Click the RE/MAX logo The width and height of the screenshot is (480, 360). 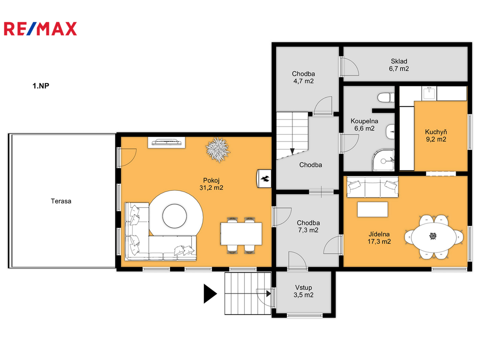(40, 29)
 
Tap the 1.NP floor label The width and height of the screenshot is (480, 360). (41, 86)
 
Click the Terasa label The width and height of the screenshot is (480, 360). (61, 201)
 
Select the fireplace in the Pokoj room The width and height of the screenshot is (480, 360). (264, 179)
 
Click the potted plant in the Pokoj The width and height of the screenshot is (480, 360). (217, 149)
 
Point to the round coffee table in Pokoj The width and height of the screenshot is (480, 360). (174, 216)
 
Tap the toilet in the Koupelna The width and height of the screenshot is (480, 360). (386, 98)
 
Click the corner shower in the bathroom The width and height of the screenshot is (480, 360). (383, 160)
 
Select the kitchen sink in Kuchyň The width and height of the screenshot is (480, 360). (429, 93)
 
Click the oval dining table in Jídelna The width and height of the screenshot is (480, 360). (433, 236)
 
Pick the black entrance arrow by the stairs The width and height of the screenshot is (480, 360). (210, 293)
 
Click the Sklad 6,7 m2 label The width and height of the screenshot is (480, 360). (399, 65)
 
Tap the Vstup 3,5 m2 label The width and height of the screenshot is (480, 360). (303, 291)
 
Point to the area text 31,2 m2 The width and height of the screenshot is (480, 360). (211, 187)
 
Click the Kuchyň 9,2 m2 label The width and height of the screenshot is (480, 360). (436, 135)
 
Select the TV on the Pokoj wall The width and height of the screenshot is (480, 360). (166, 142)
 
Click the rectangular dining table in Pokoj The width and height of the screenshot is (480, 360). (241, 233)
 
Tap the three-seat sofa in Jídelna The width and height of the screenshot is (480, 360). (372, 187)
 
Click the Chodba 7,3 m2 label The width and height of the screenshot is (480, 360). (308, 226)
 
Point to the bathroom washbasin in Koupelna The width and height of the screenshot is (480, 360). (390, 132)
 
